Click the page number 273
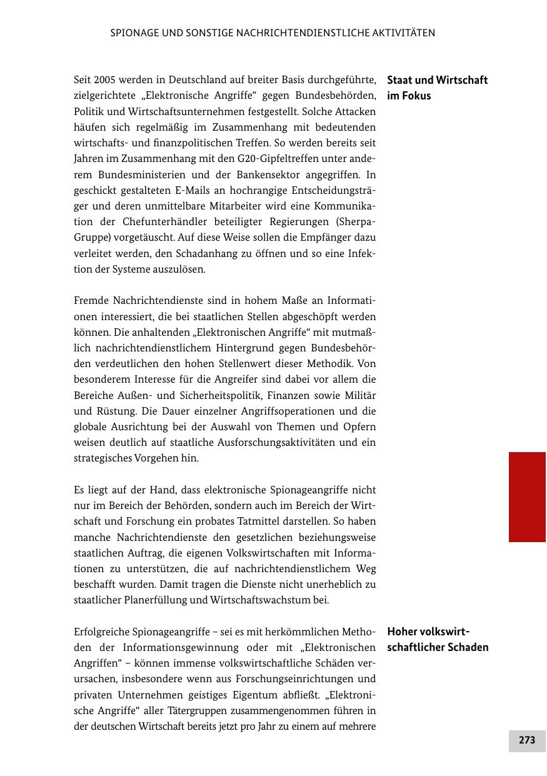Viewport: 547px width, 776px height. click(x=527, y=740)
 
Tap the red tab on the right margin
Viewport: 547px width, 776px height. click(x=527, y=496)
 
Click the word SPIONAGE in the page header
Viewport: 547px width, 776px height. click(x=133, y=33)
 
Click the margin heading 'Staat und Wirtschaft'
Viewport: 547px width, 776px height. click(x=437, y=80)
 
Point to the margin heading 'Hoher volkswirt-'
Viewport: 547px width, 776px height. click(x=428, y=631)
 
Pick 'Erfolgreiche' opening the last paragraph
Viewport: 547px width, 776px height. click(x=103, y=632)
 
